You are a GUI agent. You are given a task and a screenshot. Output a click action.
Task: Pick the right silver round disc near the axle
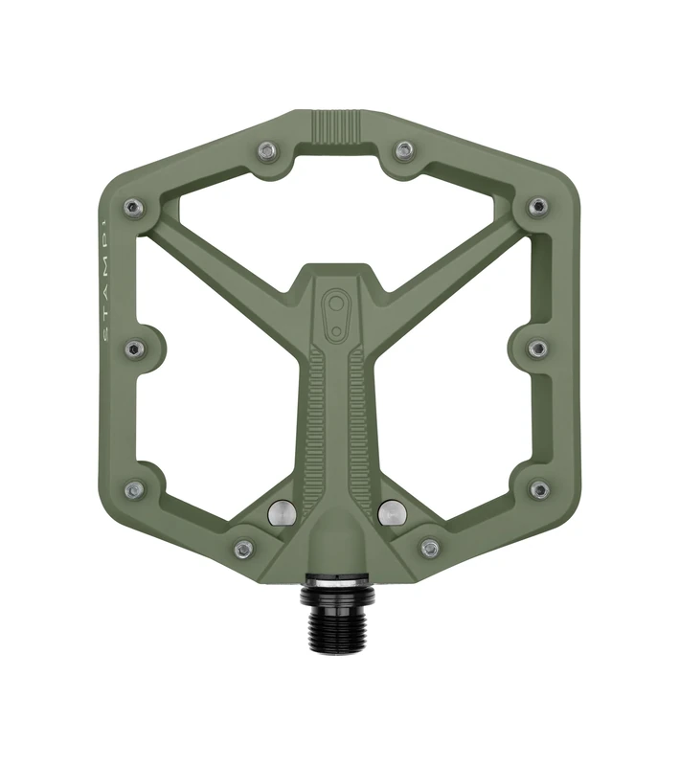click(x=391, y=512)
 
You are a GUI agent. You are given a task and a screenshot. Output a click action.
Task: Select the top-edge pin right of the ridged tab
click(x=405, y=149)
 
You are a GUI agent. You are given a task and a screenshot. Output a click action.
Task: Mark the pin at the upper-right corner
click(x=538, y=206)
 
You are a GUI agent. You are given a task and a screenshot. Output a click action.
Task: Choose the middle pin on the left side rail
click(x=134, y=349)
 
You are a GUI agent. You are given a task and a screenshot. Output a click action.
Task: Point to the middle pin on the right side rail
click(x=538, y=349)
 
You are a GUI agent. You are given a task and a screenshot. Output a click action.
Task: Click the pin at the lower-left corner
click(x=134, y=489)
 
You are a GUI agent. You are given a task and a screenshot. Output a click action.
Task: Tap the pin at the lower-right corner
click(x=539, y=489)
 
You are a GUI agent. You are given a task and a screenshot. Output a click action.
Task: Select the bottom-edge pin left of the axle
click(x=243, y=549)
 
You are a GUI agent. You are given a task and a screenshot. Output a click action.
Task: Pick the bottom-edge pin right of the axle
click(x=430, y=549)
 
